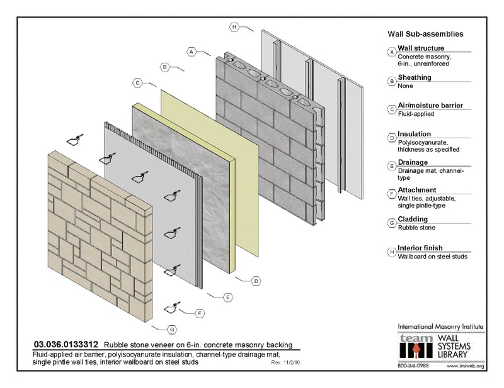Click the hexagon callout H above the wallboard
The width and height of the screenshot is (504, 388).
(234, 27)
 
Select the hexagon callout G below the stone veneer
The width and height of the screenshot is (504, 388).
(172, 329)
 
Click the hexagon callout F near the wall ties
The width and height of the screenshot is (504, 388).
(200, 313)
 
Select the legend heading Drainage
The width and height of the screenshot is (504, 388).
(413, 162)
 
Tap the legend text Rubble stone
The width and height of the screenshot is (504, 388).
(416, 228)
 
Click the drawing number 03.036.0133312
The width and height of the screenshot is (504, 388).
(65, 345)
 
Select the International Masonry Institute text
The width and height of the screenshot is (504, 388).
(440, 327)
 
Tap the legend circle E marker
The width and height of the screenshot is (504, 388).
(392, 165)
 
